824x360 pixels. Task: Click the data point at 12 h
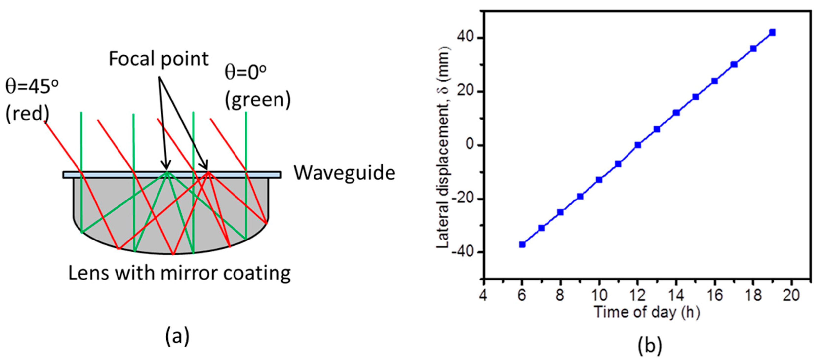(x=638, y=145)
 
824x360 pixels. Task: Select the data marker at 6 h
(x=522, y=244)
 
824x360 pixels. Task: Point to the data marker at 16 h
(x=715, y=81)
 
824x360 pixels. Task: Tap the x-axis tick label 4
(x=483, y=295)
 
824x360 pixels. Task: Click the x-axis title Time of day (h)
(x=647, y=312)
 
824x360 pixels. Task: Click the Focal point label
(x=159, y=59)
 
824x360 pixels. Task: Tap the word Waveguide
(x=345, y=173)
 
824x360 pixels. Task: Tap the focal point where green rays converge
(x=167, y=172)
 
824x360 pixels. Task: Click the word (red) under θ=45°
(x=27, y=114)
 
